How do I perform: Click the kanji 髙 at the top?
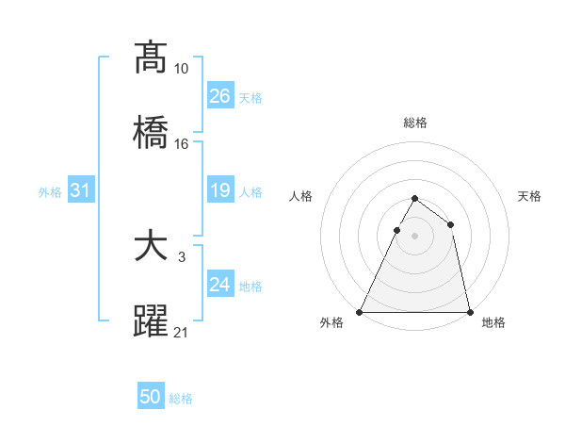tap(151, 57)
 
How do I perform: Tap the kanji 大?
tap(151, 247)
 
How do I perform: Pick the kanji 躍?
tap(151, 320)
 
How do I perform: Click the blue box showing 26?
tap(220, 96)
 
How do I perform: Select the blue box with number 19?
tap(220, 191)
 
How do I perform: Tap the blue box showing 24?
tap(220, 285)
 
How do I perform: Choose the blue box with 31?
tap(81, 191)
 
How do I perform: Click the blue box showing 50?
tap(151, 398)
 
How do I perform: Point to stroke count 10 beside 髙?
tap(181, 69)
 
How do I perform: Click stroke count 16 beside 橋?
tap(181, 144)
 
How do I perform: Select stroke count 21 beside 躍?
tap(181, 332)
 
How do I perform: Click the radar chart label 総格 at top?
tap(414, 123)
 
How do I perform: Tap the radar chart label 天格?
tap(529, 197)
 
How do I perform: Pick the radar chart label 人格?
tap(301, 197)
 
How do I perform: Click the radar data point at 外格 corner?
tap(360, 311)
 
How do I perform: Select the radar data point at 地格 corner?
tap(469, 311)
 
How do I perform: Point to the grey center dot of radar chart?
tap(414, 236)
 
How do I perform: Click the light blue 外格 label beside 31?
tap(50, 191)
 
